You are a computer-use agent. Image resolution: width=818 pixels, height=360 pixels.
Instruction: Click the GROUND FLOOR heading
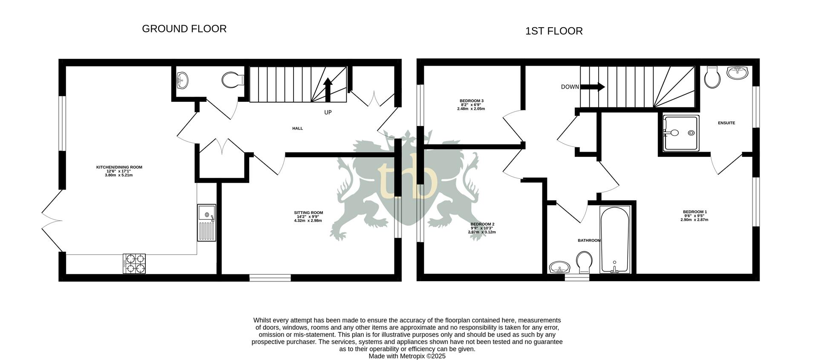[x=184, y=29]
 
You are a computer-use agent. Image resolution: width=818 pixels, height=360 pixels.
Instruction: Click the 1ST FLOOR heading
[x=554, y=31]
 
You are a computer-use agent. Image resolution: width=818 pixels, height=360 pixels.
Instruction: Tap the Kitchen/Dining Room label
[x=119, y=171]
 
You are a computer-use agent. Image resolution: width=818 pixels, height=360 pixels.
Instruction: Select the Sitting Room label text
[x=308, y=216]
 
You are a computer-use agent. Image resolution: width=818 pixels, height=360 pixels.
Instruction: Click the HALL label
[x=297, y=128]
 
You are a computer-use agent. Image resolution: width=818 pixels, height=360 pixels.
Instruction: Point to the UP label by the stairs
[x=328, y=112]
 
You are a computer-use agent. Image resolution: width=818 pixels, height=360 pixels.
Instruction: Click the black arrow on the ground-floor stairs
[x=328, y=89]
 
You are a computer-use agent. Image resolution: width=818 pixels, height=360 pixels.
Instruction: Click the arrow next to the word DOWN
[x=593, y=87]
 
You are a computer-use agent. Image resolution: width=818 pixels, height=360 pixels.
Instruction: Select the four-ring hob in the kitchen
[x=134, y=263]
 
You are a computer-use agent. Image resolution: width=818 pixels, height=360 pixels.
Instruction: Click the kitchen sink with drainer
[x=207, y=222]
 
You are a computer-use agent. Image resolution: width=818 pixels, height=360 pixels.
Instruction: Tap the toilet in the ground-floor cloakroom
[x=232, y=80]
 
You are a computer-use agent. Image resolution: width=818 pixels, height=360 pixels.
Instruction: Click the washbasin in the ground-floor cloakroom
[x=182, y=79]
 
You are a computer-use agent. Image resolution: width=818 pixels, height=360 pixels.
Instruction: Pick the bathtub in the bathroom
[x=614, y=239]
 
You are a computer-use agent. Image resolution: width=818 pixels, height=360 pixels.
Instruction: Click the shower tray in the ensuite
[x=681, y=133]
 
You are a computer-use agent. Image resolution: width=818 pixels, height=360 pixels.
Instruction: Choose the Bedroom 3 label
[x=471, y=105]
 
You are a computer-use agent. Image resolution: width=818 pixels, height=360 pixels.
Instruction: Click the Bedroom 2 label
[x=482, y=228]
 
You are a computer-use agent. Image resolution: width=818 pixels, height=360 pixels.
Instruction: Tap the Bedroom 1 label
[x=694, y=216]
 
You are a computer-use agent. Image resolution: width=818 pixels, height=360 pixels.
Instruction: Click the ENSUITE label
[x=726, y=123]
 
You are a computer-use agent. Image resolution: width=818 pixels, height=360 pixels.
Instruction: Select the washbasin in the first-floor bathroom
[x=559, y=268]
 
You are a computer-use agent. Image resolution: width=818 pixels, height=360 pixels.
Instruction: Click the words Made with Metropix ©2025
[x=407, y=356]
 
